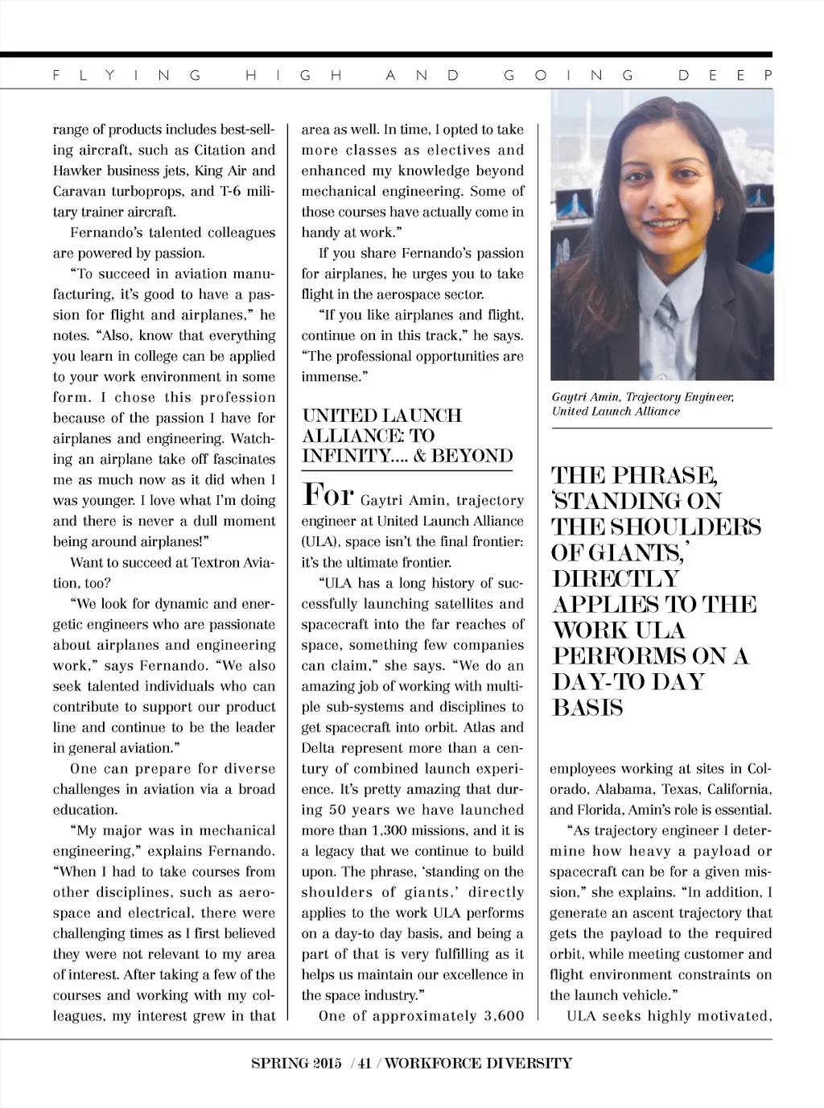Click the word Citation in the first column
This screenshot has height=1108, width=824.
coord(219,151)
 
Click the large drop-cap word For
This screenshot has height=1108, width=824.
coord(328,495)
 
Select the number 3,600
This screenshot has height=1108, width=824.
coord(504,1015)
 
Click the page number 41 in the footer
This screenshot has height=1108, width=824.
coord(365,1063)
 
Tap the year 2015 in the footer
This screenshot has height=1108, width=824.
coord(323,1063)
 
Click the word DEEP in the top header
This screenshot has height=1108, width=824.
coord(725,76)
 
